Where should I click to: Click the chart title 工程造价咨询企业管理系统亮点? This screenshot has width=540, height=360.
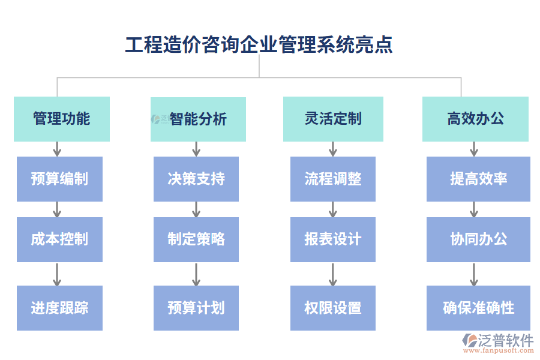point(259,45)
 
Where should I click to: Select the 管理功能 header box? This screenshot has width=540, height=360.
point(62,119)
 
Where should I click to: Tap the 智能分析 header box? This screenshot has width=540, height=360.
point(198,119)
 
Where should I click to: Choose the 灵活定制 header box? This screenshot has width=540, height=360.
point(333,119)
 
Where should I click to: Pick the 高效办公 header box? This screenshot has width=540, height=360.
point(475,119)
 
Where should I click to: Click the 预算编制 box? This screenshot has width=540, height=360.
point(59,179)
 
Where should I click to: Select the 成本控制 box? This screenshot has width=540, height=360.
point(59,239)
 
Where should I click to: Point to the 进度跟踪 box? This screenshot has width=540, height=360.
point(59,308)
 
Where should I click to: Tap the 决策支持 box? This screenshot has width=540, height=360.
point(196,179)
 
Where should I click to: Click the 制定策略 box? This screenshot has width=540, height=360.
point(196,239)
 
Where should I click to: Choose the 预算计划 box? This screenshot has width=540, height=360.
point(196,308)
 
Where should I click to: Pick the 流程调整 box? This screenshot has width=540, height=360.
point(333,179)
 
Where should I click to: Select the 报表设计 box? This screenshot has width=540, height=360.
point(333,239)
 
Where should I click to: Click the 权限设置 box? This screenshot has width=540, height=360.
point(333,308)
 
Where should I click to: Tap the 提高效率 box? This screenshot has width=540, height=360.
point(478,179)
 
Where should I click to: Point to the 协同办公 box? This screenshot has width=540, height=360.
point(478,239)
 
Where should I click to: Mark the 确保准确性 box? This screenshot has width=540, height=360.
point(478,308)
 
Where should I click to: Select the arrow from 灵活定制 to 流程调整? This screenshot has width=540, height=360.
point(333,149)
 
